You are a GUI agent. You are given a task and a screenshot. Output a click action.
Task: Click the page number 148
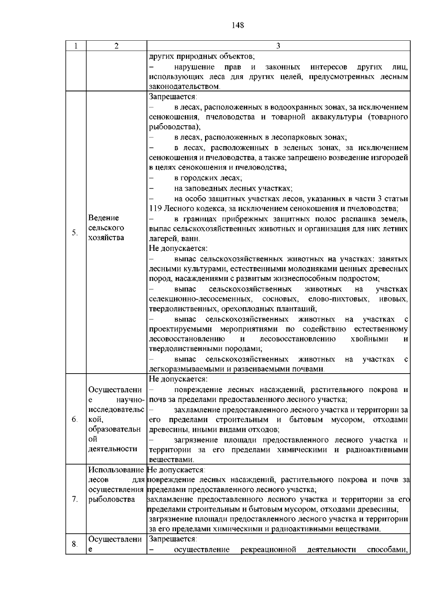pos(238,25)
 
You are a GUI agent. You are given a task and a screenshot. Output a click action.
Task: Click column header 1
pos(76,46)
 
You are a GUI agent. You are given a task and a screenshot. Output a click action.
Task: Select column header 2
pos(117,46)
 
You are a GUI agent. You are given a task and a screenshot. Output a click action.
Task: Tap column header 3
pos(278,46)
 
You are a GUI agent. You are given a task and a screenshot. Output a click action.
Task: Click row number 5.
pos(75,232)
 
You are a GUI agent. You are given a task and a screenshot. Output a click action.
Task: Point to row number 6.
pos(75,419)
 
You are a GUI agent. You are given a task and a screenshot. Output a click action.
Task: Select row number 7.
pos(75,499)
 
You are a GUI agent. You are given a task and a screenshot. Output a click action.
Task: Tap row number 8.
pos(75,544)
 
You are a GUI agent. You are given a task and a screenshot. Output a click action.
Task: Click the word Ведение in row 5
pos(104,218)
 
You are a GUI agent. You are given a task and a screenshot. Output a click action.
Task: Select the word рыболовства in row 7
pos(112,499)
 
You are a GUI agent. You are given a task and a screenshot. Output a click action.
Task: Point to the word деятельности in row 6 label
pos(113,449)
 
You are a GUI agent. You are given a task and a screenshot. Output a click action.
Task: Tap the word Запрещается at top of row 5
pos(172,97)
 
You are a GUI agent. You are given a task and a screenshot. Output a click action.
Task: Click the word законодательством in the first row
pos(184,87)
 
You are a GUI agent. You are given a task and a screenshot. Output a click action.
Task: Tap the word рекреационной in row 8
pos(268,549)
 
